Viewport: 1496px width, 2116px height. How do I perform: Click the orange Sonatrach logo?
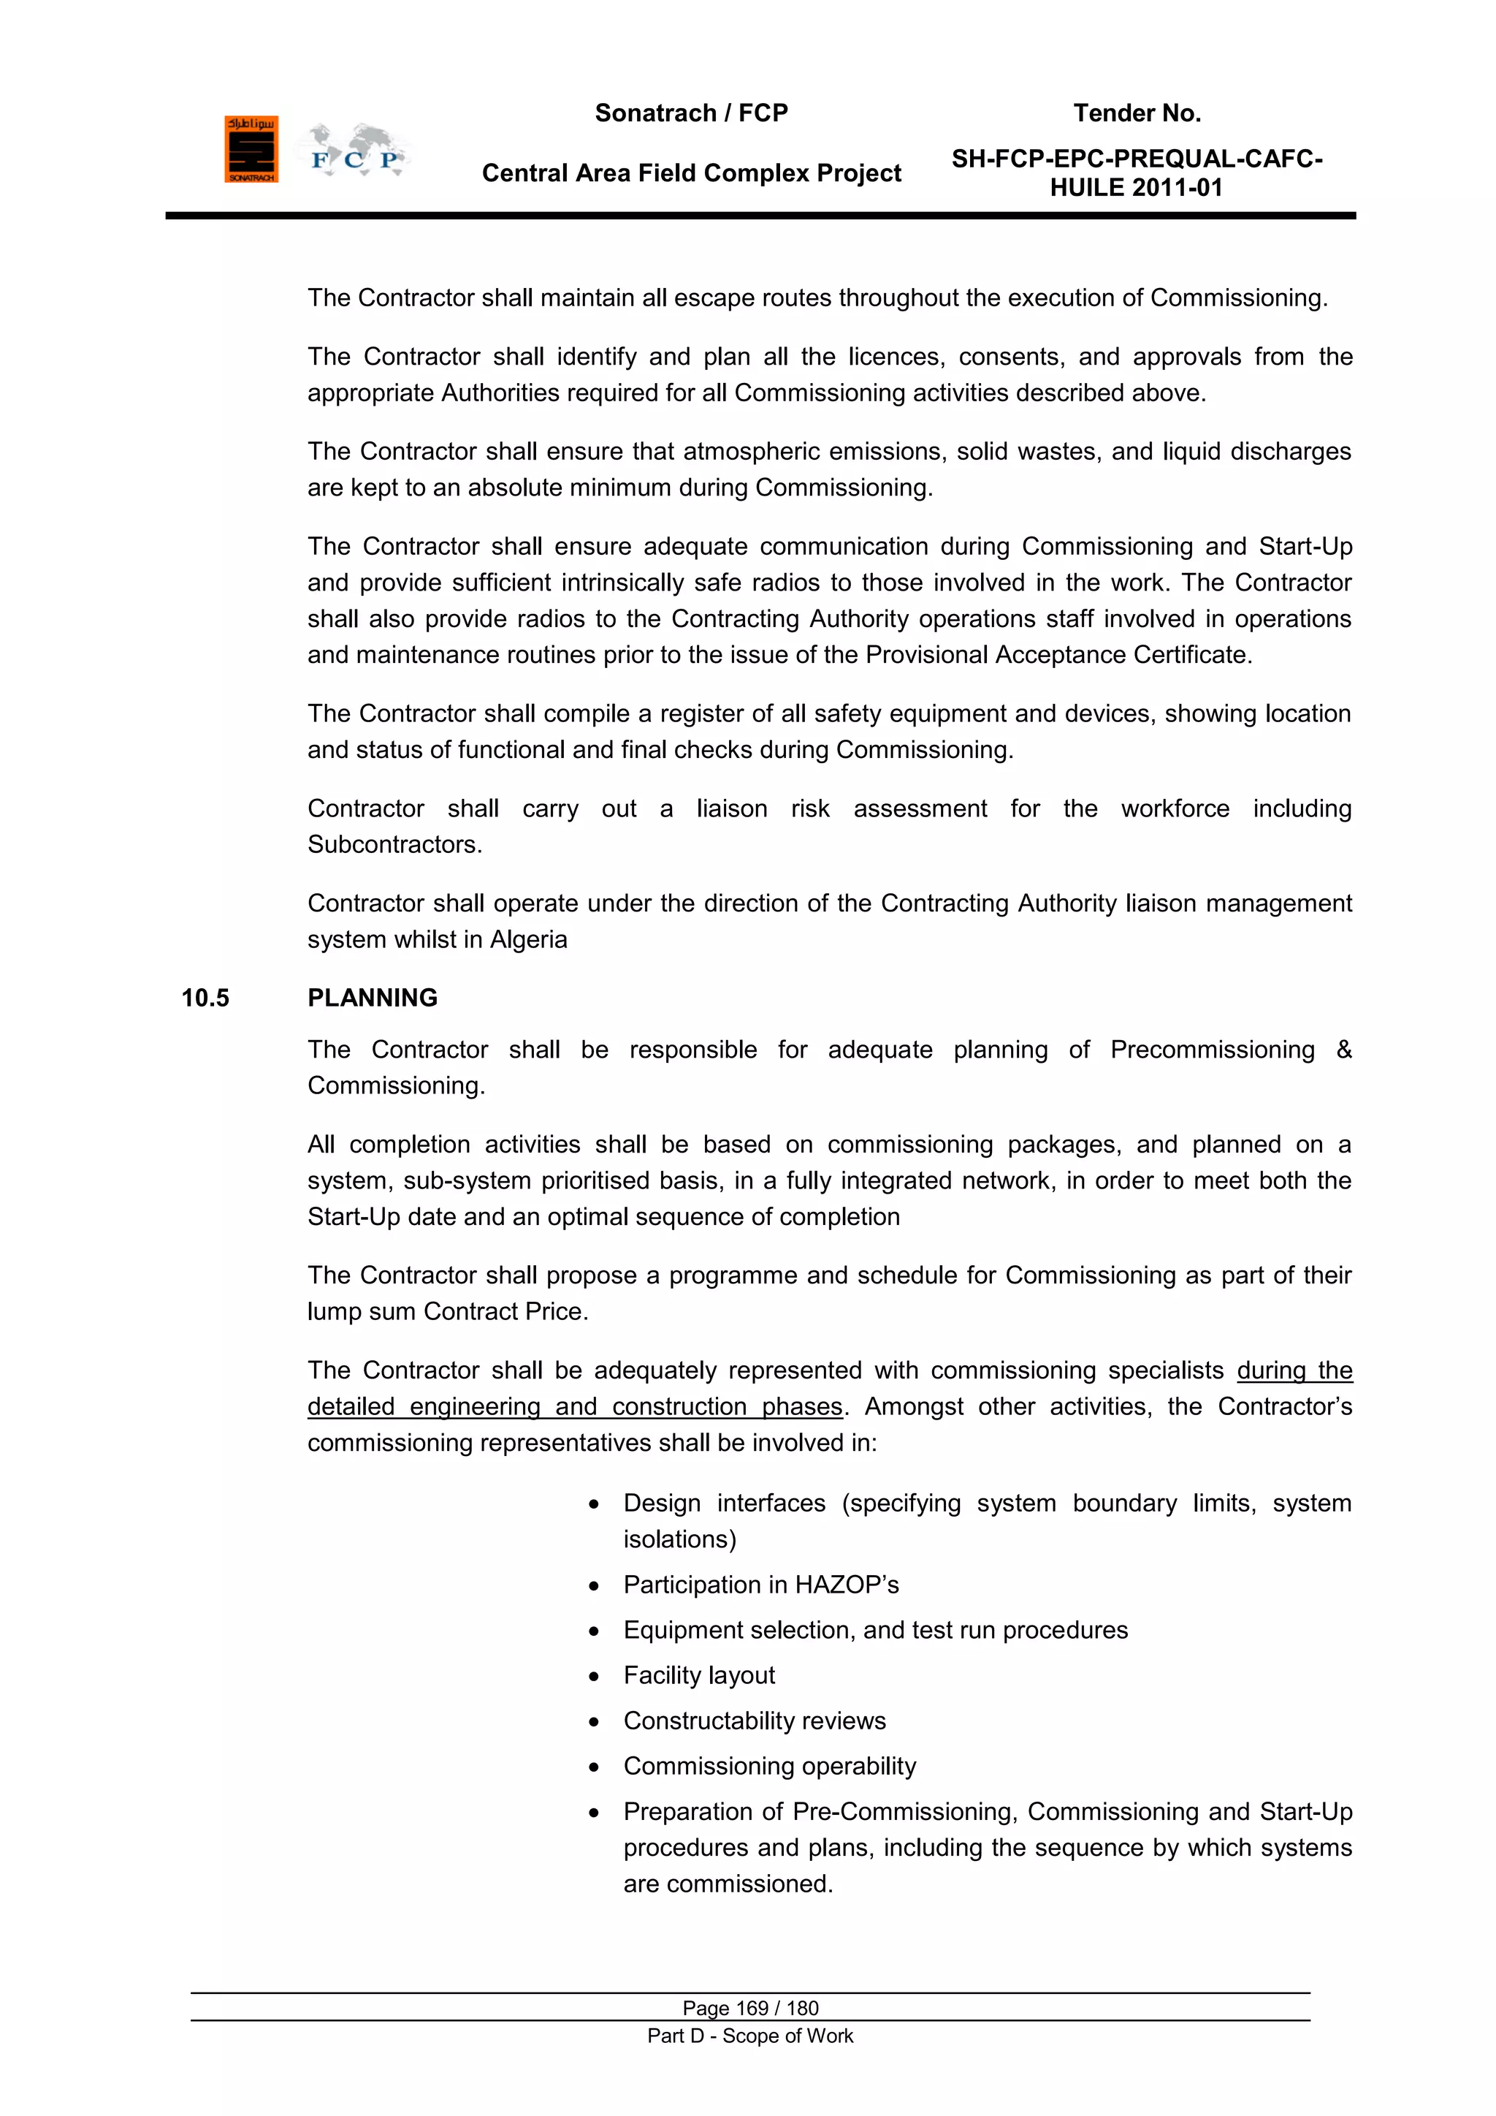point(251,149)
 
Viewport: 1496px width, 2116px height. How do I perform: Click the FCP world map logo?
point(354,151)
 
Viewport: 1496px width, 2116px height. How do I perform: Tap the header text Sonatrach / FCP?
point(691,113)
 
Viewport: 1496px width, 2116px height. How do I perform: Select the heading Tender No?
point(1137,113)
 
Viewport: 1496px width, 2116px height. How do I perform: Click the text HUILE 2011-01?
point(1136,188)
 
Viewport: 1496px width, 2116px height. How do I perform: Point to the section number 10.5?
point(205,998)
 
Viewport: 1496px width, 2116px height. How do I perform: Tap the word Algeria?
point(529,940)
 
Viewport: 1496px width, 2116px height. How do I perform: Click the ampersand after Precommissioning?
point(1343,1050)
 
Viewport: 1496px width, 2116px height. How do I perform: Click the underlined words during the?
point(1294,1370)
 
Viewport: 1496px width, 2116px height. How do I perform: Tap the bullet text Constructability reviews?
point(754,1721)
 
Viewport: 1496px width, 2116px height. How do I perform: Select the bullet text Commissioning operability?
point(769,1767)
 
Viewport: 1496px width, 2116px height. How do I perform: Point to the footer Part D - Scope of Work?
point(750,2036)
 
